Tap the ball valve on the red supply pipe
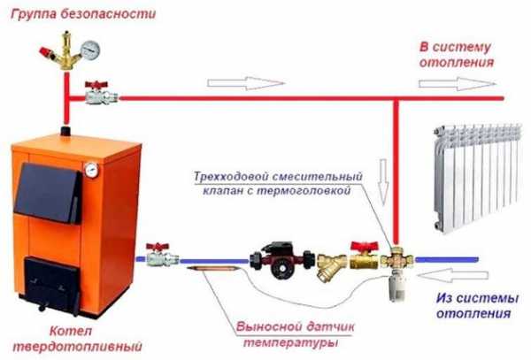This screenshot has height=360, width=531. point(94,92)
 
